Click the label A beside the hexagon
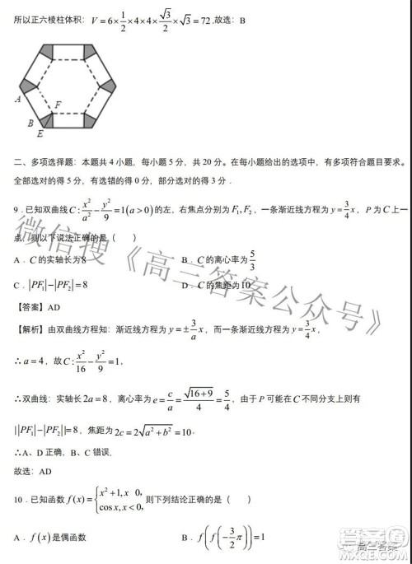pyautogui.click(x=17, y=98)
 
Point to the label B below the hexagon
pyautogui.click(x=30, y=123)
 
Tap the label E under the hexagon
pyautogui.click(x=40, y=133)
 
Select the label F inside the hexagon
pyautogui.click(x=57, y=105)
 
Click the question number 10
pyautogui.click(x=20, y=499)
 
